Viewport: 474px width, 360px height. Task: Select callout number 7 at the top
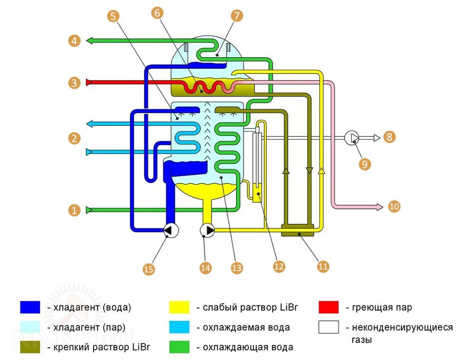coord(236,15)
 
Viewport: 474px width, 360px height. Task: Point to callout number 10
coord(394,206)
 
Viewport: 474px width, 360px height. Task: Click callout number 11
coord(323,267)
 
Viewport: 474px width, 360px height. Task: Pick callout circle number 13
coord(237,268)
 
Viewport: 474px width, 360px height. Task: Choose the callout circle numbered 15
coord(149,269)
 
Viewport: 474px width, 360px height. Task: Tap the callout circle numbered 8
coord(389,137)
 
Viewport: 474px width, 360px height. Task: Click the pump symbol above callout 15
coord(171,231)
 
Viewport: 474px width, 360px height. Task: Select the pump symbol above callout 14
coord(207,231)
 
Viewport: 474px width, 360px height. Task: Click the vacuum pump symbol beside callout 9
coord(352,138)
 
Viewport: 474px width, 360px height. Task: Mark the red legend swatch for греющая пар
coord(329,307)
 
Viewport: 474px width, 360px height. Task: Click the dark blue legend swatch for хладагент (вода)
coord(30,307)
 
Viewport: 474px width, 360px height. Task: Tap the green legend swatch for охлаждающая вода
coord(179,347)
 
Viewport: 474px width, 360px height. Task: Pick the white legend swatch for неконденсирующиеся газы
coord(329,327)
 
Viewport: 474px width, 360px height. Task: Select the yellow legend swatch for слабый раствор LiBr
coord(179,307)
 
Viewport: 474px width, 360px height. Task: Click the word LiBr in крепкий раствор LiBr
coord(140,347)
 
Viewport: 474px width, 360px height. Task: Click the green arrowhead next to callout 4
coord(89,41)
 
